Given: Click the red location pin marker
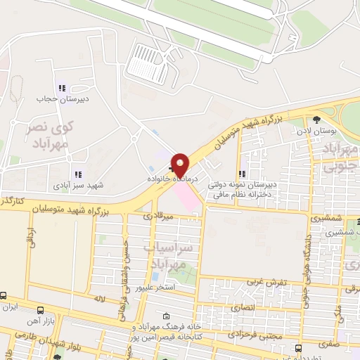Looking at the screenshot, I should pyautogui.click(x=181, y=165).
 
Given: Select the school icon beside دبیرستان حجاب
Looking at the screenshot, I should pyautogui.click(x=62, y=89).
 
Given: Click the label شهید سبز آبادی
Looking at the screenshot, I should pyautogui.click(x=78, y=186).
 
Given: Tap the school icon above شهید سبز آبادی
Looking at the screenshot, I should pyautogui.click(x=78, y=174).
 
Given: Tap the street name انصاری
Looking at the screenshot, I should pyautogui.click(x=252, y=307).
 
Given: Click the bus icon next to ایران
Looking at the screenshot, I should pyautogui.click(x=4, y=296).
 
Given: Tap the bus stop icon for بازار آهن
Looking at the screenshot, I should pyautogui.click(x=41, y=310).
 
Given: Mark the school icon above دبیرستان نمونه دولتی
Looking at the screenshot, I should pyautogui.click(x=242, y=174).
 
